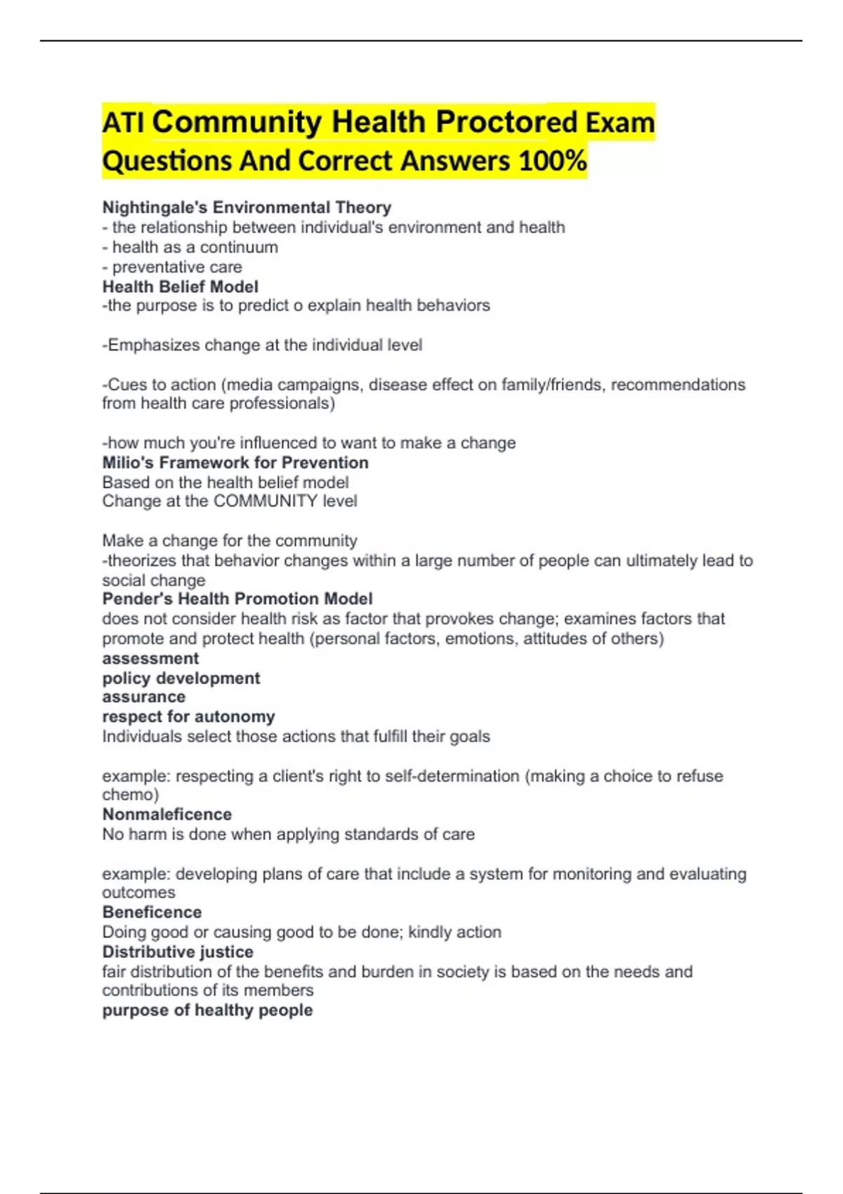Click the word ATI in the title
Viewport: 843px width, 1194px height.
tap(123, 123)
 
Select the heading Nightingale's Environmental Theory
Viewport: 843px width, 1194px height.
tap(247, 208)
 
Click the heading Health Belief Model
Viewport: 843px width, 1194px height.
tap(180, 287)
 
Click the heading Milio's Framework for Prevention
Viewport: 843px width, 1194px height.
tap(235, 463)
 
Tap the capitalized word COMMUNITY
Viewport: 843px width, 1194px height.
tap(265, 501)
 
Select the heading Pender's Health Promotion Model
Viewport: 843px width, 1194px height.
tap(237, 599)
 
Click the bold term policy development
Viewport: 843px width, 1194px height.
tap(181, 678)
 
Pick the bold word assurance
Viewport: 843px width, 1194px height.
tap(144, 697)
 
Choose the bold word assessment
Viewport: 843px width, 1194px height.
tap(150, 659)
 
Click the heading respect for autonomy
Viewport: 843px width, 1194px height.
tap(188, 717)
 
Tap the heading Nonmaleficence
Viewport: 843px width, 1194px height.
tap(166, 815)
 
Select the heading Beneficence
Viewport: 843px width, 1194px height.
tap(152, 912)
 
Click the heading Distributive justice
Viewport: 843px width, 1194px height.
tap(178, 952)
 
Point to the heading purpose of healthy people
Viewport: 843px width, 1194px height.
tap(207, 1011)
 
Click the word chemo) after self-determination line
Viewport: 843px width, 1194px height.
tap(131, 795)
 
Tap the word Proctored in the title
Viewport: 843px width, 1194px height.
tap(506, 123)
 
